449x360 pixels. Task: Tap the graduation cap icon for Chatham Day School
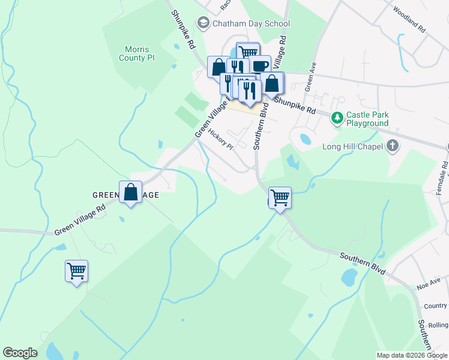point(204,23)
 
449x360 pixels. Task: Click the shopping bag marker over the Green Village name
point(131,193)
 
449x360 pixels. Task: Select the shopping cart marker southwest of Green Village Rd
point(77,271)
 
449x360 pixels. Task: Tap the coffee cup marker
point(260,66)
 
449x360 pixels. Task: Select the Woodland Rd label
point(409,20)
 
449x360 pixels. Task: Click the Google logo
point(20,353)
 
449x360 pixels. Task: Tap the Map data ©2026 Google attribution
point(411,355)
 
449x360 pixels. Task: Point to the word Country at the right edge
point(435,306)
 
